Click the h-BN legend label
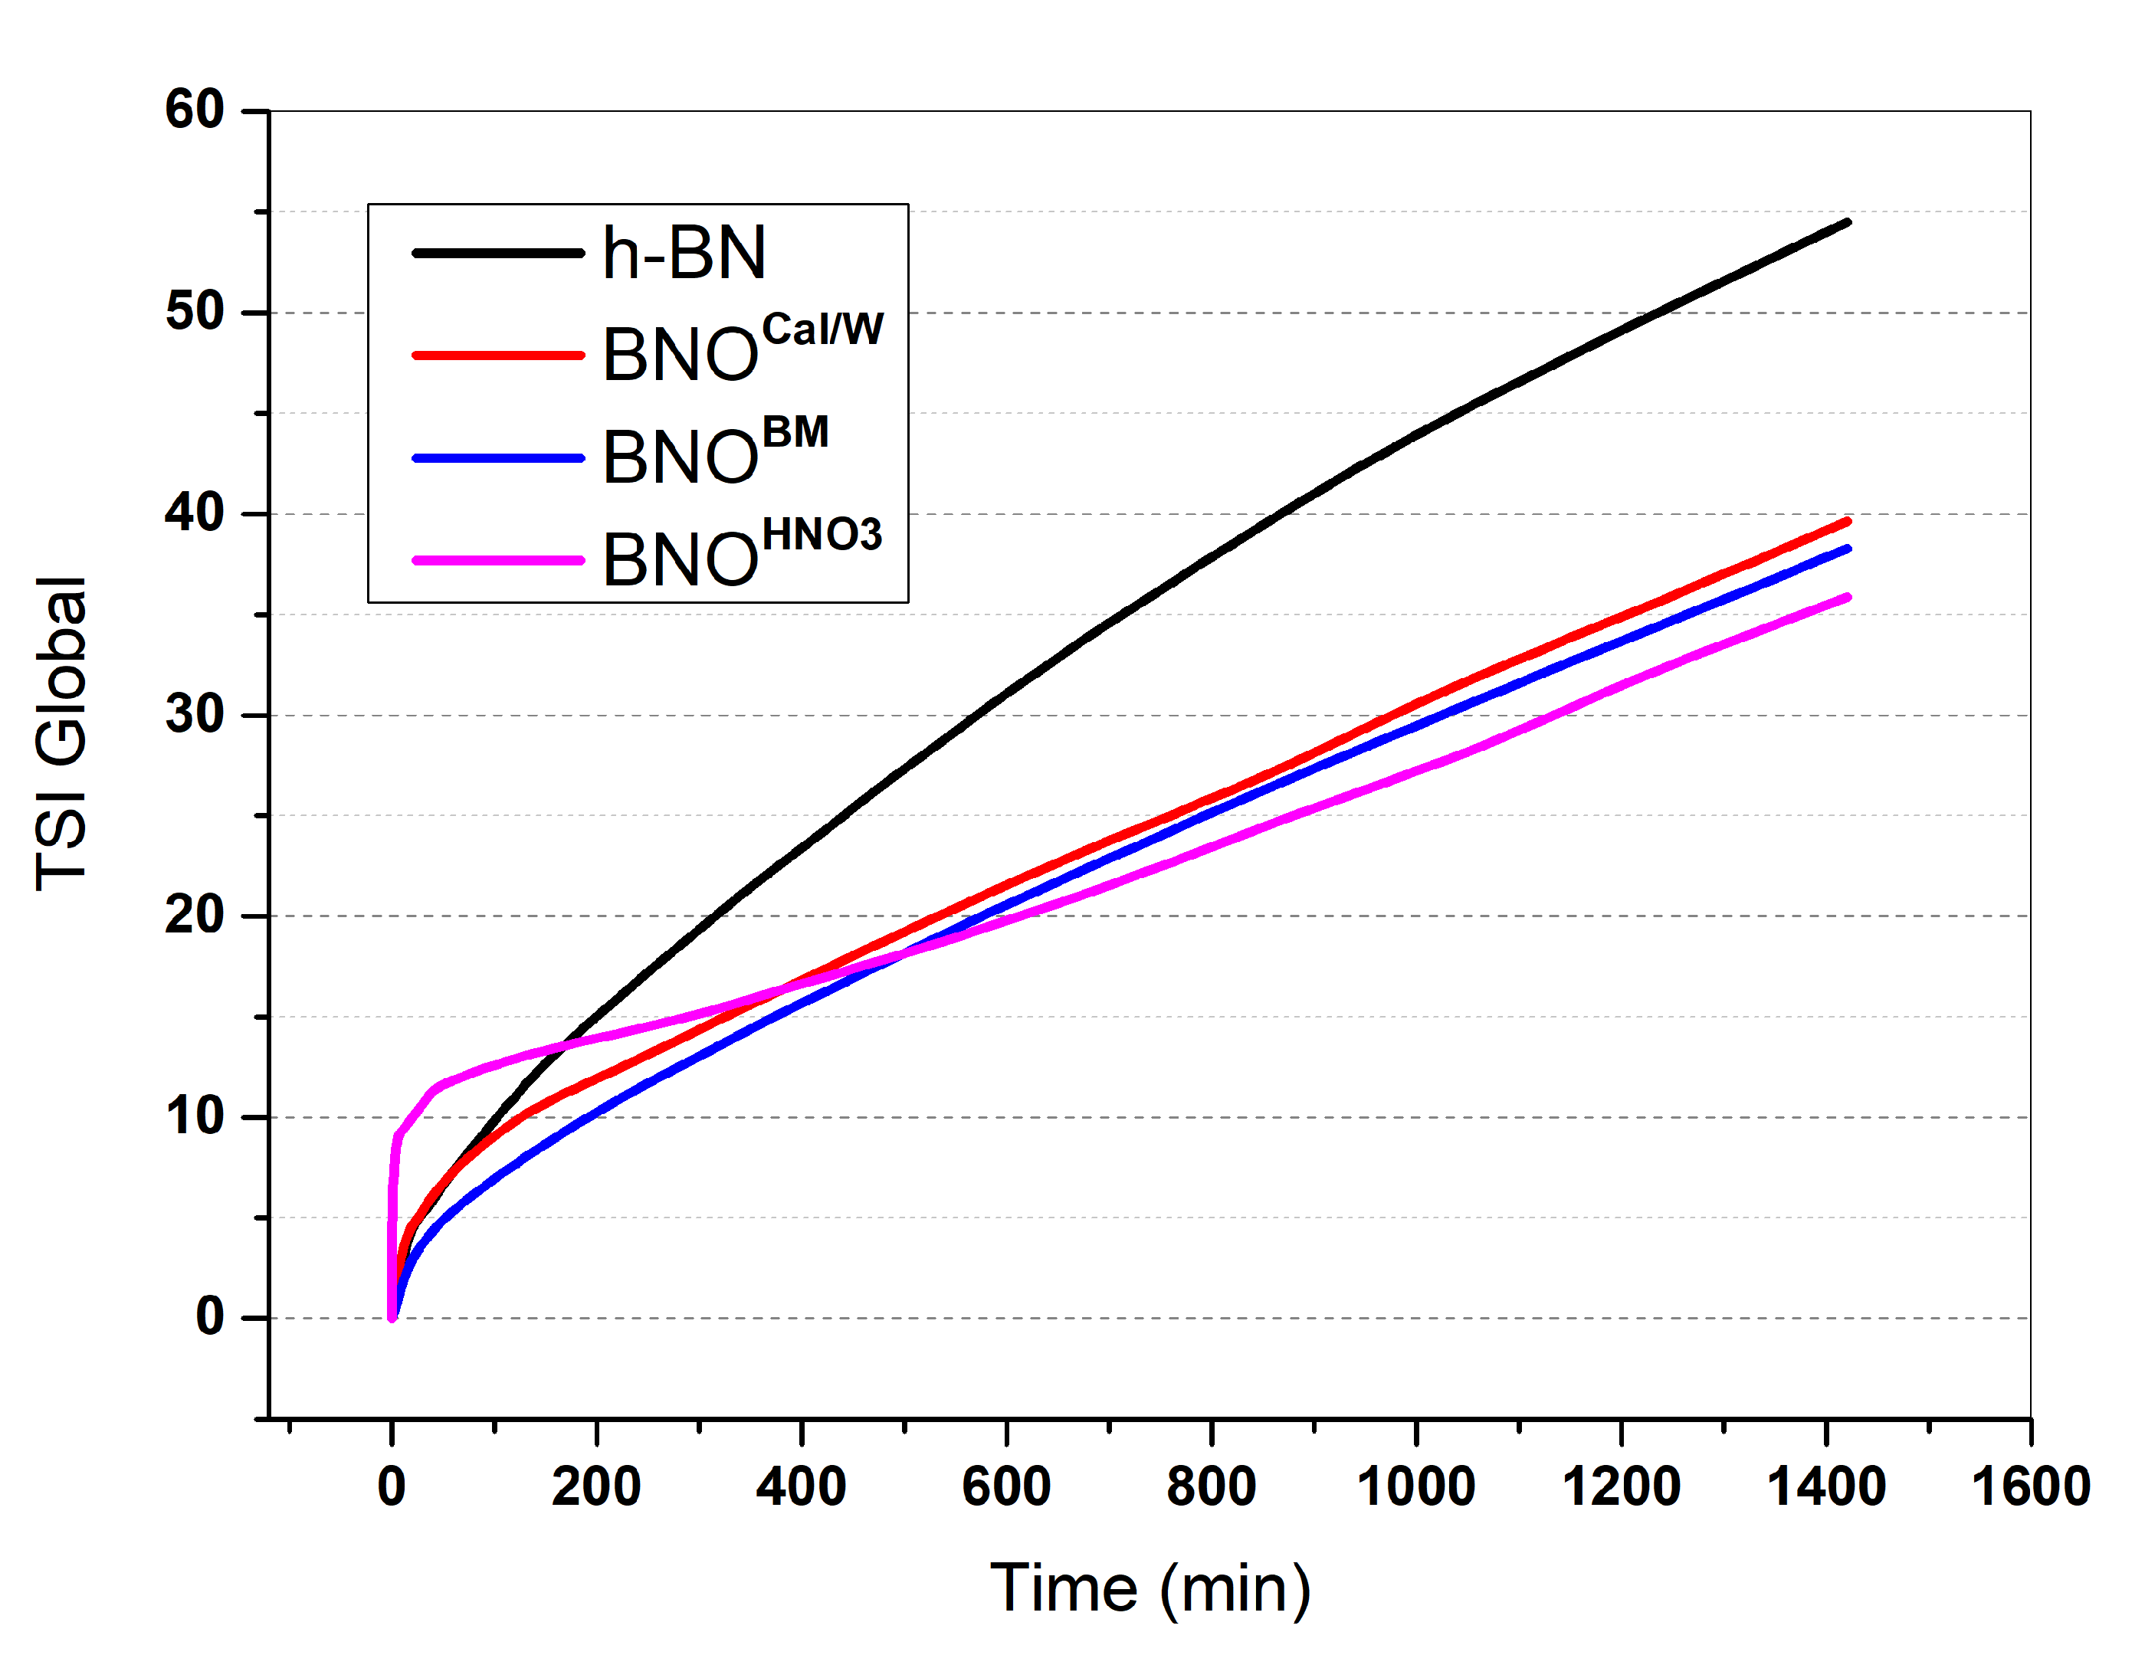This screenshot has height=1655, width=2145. pyautogui.click(x=684, y=254)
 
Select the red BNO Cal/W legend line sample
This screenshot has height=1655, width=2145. pyautogui.click(x=498, y=355)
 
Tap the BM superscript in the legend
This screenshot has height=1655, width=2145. pyautogui.click(x=795, y=432)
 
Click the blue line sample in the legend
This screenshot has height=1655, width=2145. pyautogui.click(x=498, y=457)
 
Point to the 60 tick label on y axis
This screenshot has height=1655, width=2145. pyautogui.click(x=195, y=110)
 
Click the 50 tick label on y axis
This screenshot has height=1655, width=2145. pyautogui.click(x=195, y=313)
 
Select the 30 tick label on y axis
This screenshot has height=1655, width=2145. pyautogui.click(x=195, y=714)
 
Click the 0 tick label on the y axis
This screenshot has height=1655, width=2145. pyautogui.click(x=210, y=1317)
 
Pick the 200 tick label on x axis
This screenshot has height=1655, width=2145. pyautogui.click(x=596, y=1487)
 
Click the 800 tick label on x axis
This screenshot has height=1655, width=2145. pyautogui.click(x=1211, y=1487)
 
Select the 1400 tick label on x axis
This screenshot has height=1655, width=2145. pyautogui.click(x=1825, y=1487)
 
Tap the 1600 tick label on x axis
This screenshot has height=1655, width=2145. pyautogui.click(x=2030, y=1487)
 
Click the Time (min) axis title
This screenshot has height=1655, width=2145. pyautogui.click(x=1150, y=1589)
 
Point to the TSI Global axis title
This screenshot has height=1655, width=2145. pyautogui.click(x=61, y=734)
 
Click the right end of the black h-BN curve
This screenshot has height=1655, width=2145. pyautogui.click(x=1848, y=222)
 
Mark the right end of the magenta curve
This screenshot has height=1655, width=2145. pyautogui.click(x=1848, y=597)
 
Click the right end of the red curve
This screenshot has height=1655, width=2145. pyautogui.click(x=1848, y=520)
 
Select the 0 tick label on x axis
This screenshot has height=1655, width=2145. pyautogui.click(x=392, y=1487)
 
